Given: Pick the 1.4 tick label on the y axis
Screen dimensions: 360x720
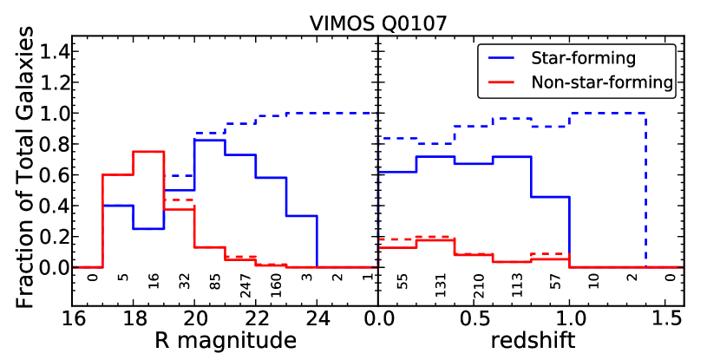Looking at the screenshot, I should [x=51, y=53].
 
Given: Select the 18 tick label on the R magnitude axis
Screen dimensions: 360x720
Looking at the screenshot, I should [x=134, y=318].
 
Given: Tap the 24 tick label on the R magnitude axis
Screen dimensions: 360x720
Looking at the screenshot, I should [x=317, y=318].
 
